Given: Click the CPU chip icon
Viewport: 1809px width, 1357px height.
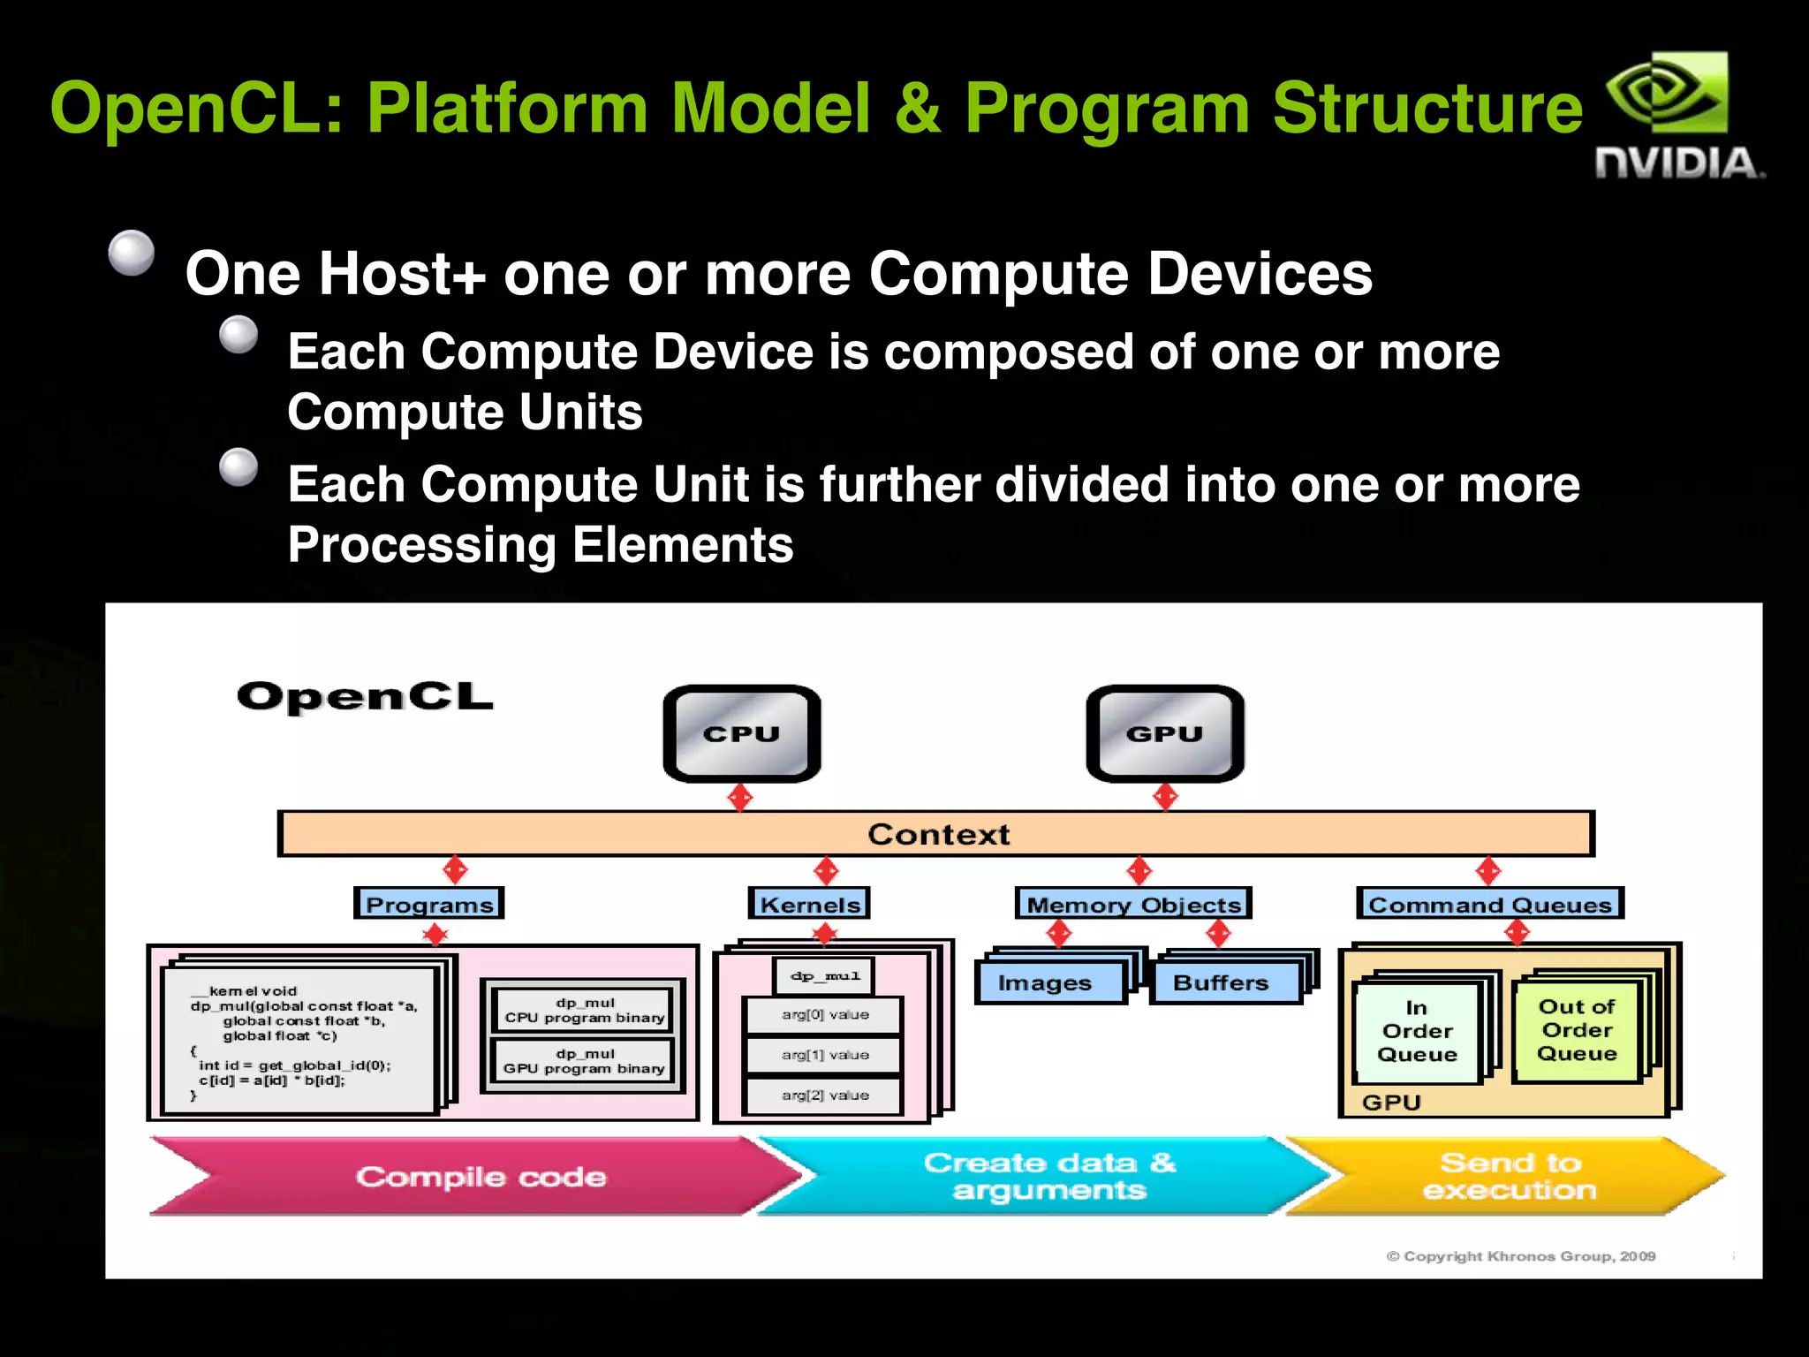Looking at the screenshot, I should click(742, 733).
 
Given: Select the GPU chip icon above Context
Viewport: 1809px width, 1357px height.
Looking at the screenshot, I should click(1164, 733).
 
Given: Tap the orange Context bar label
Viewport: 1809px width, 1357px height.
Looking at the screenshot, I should click(937, 834).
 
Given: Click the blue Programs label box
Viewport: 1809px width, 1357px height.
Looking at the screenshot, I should click(429, 904).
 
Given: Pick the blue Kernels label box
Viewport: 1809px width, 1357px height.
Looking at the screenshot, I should click(809, 904).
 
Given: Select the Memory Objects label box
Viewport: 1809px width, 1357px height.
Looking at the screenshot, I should click(1133, 904).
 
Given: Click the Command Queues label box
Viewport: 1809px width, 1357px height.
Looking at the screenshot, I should click(1489, 904).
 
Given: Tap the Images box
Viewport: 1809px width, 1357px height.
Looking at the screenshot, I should click(1048, 982).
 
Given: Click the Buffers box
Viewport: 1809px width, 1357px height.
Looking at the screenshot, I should click(1222, 982).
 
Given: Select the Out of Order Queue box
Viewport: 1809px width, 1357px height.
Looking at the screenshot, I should click(1577, 1030).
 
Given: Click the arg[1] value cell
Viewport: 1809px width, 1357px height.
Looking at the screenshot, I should click(824, 1055).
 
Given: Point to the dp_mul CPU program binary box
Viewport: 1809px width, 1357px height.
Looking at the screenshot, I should click(584, 1010).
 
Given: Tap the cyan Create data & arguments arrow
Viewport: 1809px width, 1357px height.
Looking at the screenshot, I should click(1049, 1176).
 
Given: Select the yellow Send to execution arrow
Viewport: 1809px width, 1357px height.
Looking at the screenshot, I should click(1509, 1176).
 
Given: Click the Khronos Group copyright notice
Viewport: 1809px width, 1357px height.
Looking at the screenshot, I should click(1520, 1255).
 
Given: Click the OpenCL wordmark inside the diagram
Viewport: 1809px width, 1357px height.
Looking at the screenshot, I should click(365, 697).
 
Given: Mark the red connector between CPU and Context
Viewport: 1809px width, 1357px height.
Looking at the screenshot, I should click(740, 797).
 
